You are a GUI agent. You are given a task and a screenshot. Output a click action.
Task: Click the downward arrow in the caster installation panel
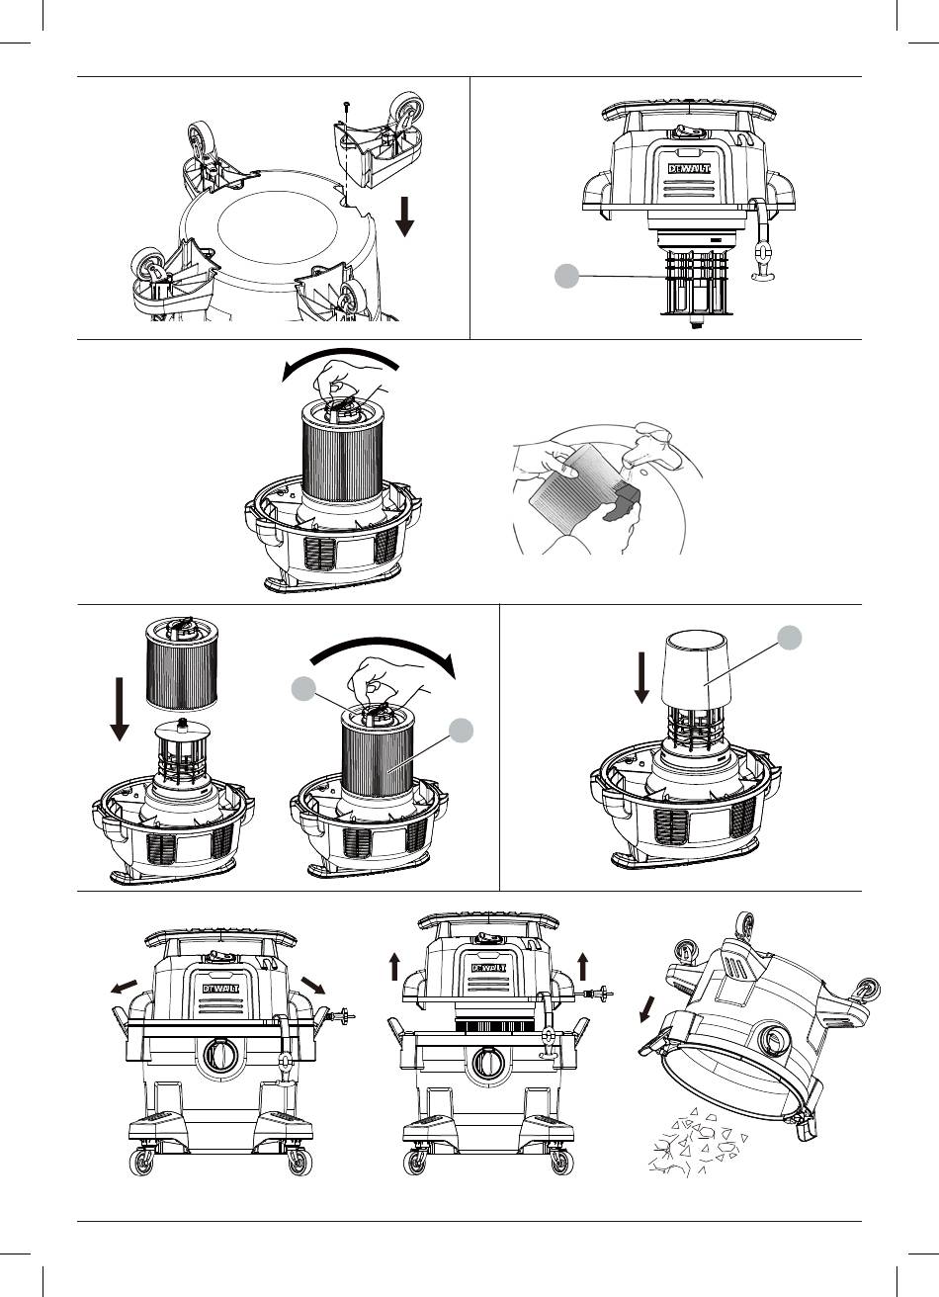(404, 215)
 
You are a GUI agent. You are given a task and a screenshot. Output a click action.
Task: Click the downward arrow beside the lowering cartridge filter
(119, 706)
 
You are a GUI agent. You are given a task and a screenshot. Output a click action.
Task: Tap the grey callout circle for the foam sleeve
(788, 638)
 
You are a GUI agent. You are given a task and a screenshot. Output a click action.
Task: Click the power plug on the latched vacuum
(342, 1014)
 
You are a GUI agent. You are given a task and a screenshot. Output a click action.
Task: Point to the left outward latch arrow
(124, 990)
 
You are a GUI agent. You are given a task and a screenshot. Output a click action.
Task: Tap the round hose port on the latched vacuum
(218, 1058)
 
